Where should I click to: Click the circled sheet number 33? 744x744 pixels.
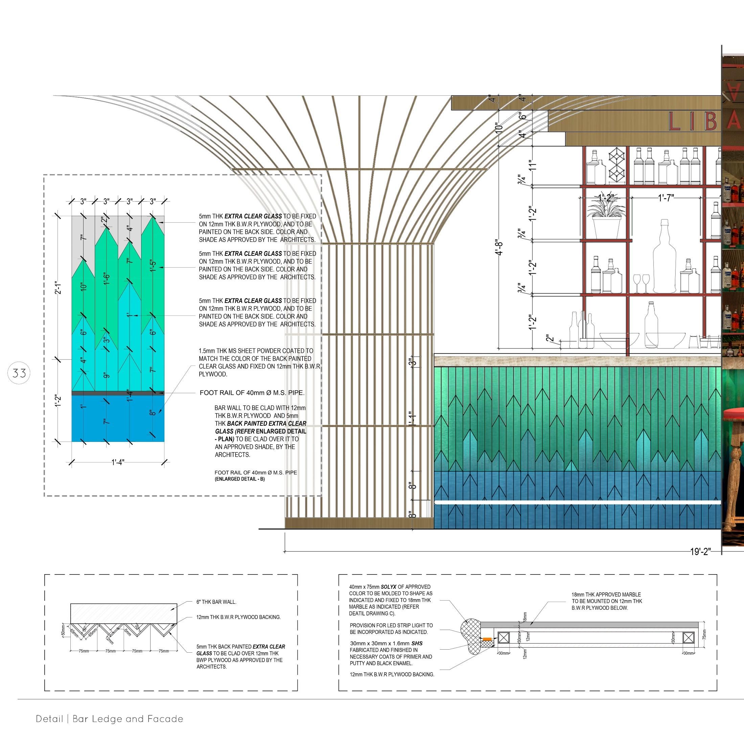19,373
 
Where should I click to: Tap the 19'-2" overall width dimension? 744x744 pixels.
700,551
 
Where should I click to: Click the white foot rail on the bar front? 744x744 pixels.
578,503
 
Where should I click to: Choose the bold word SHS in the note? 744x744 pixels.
417,644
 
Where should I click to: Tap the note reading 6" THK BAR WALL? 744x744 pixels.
216,602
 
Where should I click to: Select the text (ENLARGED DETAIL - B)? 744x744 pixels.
240,479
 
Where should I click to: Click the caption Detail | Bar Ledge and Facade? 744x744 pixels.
110,719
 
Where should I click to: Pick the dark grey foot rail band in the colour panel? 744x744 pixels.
118,393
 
